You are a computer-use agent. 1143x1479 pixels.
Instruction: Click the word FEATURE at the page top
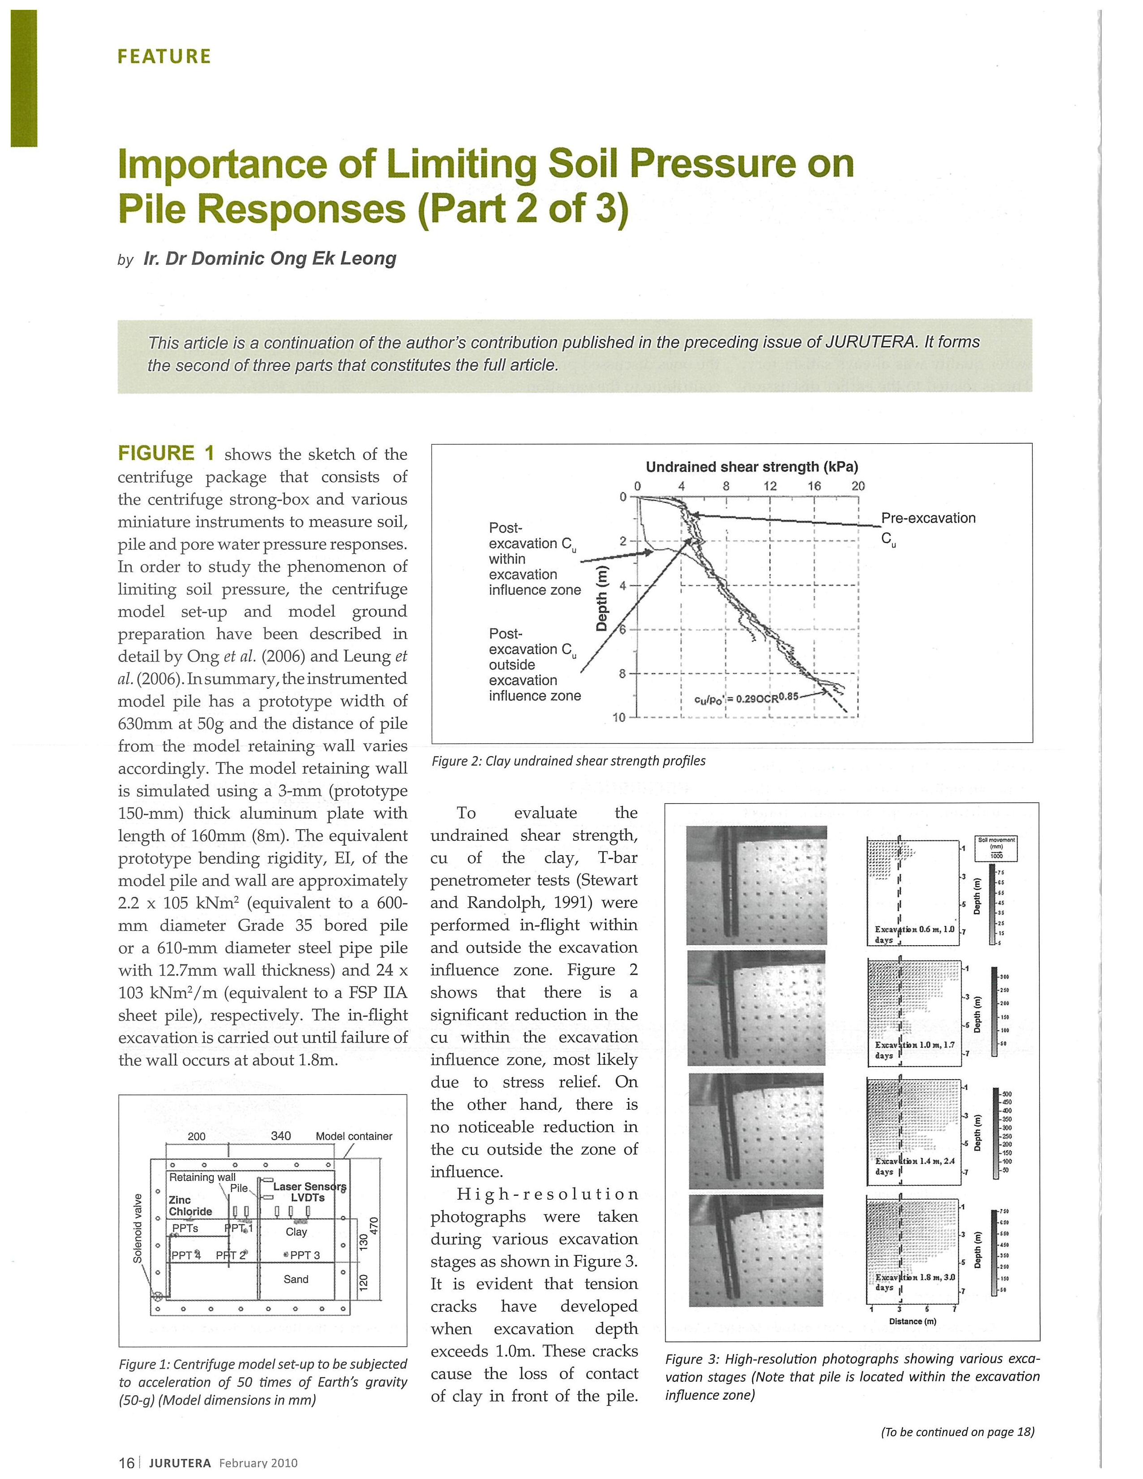tap(164, 56)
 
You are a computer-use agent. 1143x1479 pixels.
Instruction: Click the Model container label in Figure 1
tap(354, 1136)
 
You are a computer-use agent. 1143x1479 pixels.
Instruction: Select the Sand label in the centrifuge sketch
tap(296, 1279)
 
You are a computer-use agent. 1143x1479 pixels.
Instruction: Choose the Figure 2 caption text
tap(568, 761)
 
